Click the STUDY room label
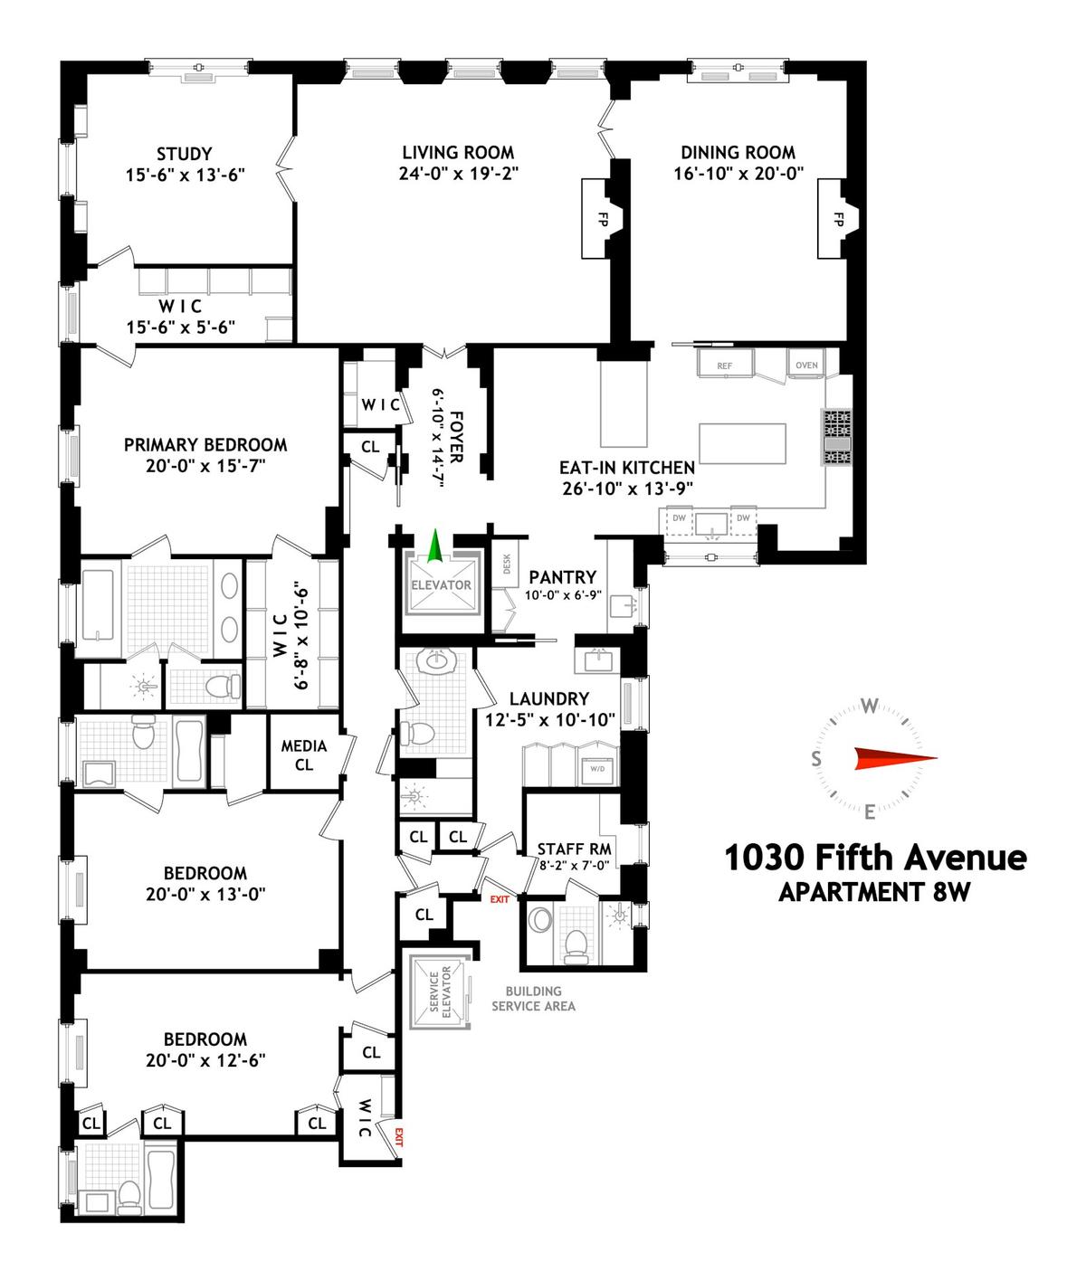click(x=184, y=154)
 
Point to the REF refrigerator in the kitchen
click(x=725, y=363)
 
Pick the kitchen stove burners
click(x=837, y=437)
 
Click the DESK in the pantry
click(x=507, y=564)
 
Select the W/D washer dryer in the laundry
click(x=597, y=769)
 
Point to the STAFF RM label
click(x=574, y=849)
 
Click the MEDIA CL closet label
click(x=304, y=755)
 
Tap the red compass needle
click(x=895, y=759)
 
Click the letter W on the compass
click(x=870, y=706)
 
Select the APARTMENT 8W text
click(x=874, y=892)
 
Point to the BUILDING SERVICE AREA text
click(x=533, y=999)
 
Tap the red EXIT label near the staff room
click(x=499, y=898)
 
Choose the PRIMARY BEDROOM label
click(x=205, y=445)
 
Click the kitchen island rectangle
click(x=743, y=443)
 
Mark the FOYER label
click(x=457, y=437)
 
